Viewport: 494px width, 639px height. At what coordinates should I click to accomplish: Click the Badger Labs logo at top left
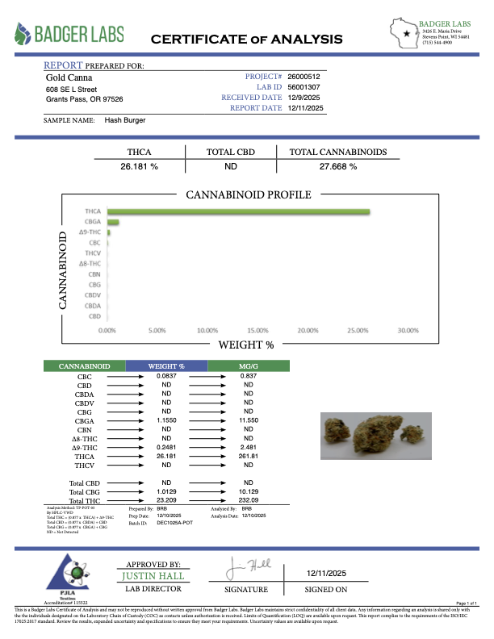69,34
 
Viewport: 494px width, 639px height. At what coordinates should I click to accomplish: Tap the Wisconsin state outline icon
404,33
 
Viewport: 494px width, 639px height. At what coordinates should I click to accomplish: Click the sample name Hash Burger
125,119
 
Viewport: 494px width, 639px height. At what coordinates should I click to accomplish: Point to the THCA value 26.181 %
139,165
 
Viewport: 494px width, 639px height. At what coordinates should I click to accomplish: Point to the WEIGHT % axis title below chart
246,345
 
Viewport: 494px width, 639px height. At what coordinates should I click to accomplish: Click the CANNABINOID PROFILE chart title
249,195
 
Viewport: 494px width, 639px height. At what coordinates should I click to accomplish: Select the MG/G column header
249,367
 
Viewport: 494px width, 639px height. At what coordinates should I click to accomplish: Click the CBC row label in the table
84,377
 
